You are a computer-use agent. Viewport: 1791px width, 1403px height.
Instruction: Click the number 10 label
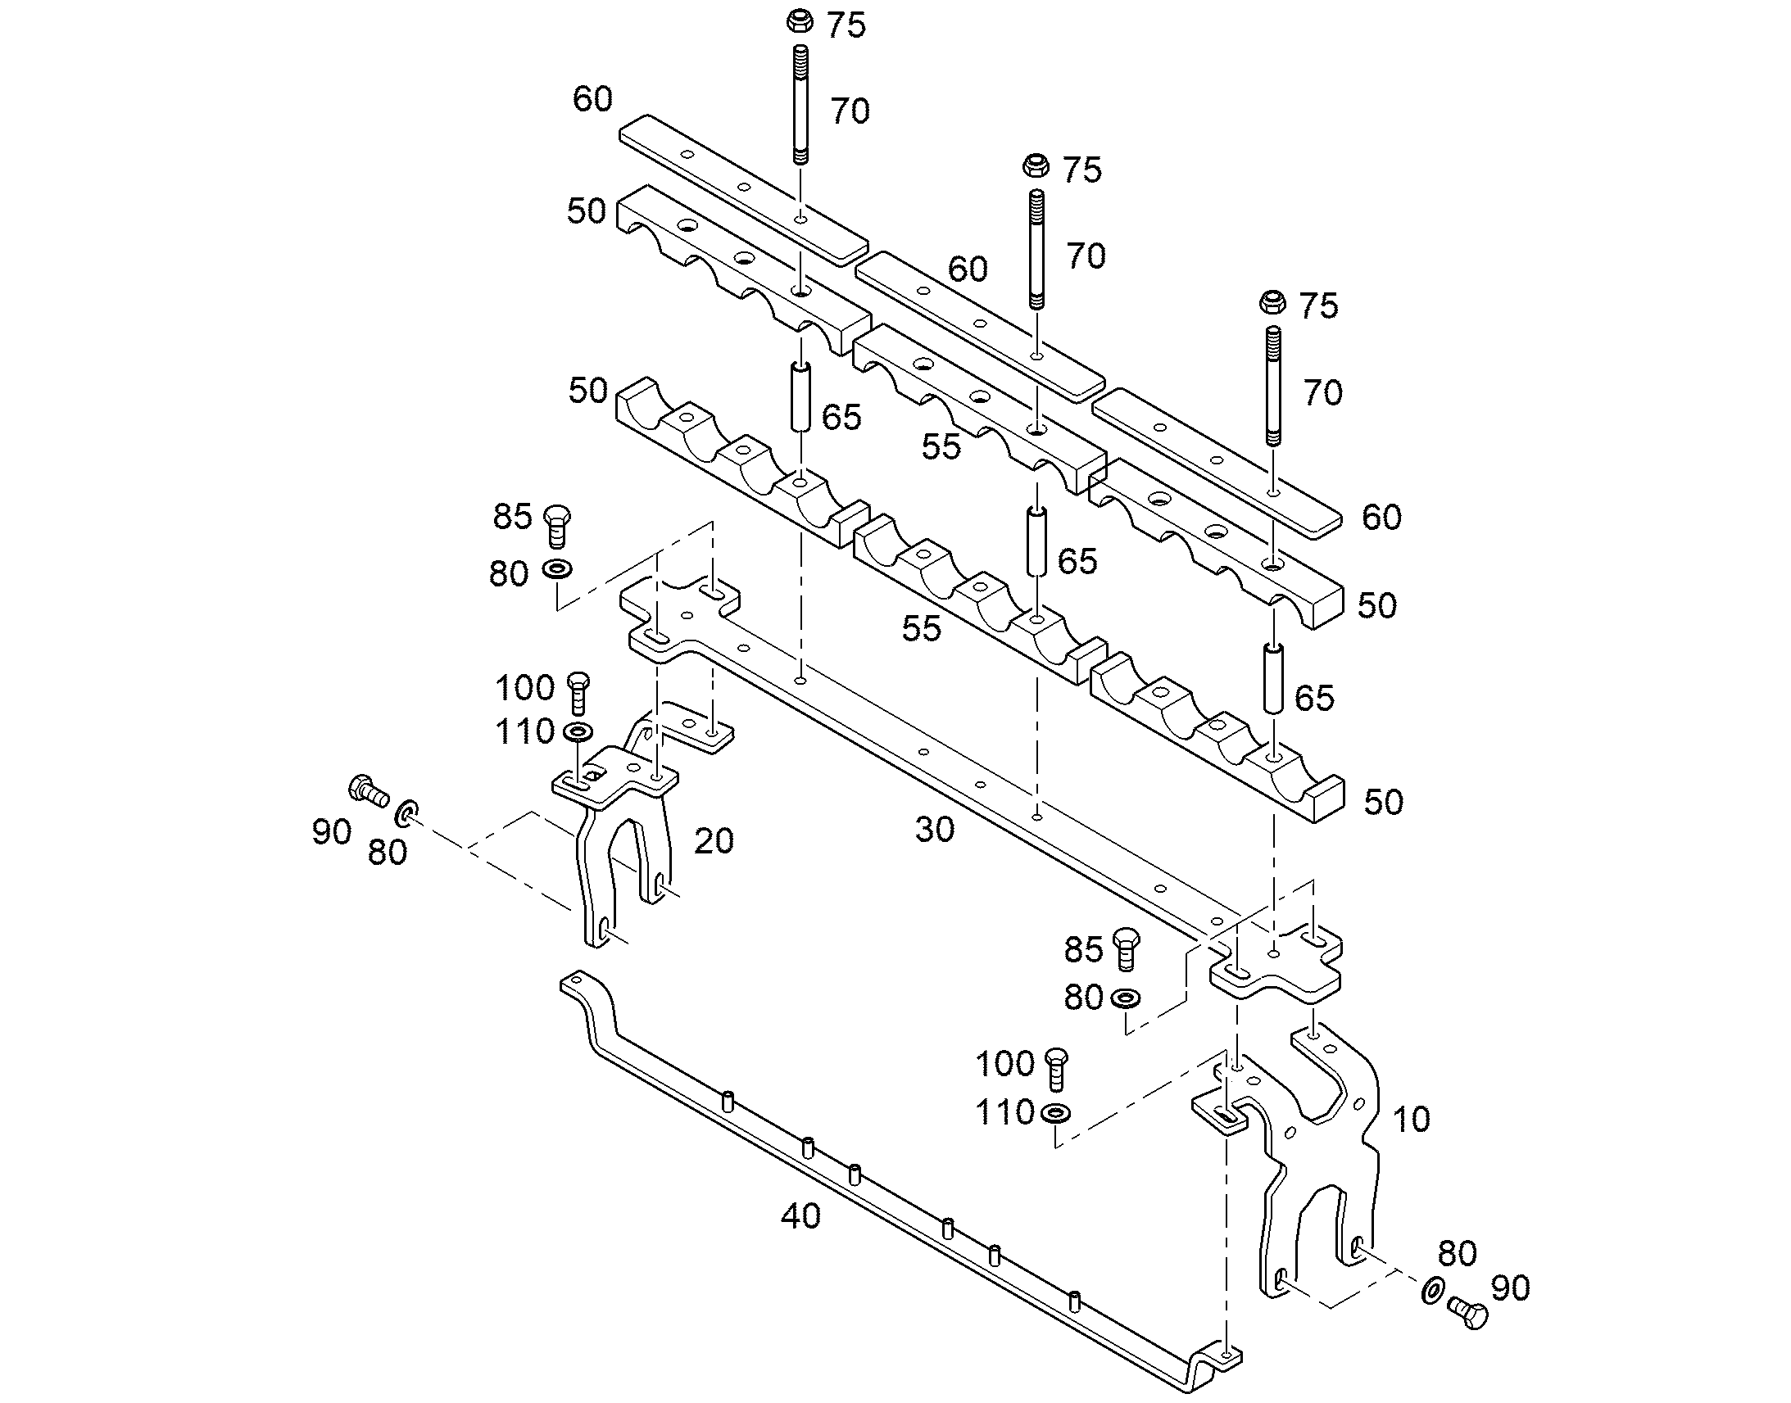(1411, 1120)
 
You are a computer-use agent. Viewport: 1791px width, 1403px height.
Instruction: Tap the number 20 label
(713, 841)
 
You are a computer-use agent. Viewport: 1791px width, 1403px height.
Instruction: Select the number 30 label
(935, 830)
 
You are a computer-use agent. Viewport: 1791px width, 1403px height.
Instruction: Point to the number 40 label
(800, 1216)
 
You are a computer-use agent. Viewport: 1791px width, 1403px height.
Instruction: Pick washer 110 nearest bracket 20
(581, 731)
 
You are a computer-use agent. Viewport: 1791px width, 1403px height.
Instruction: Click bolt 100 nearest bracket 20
(579, 691)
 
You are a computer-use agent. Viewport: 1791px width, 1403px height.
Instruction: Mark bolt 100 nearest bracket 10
(1057, 1069)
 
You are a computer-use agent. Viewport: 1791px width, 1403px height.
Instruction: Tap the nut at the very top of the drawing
(800, 20)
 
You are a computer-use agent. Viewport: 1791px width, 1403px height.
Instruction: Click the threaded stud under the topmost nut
(800, 105)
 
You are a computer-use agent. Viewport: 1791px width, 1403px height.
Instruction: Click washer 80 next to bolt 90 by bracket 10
(1431, 1290)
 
